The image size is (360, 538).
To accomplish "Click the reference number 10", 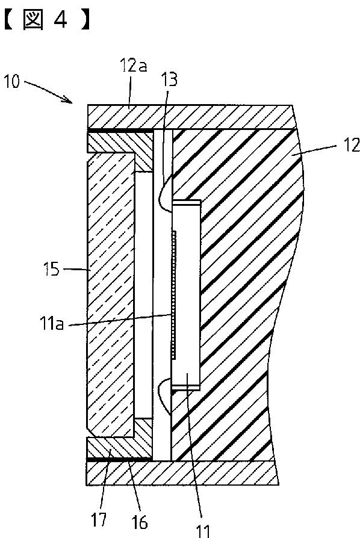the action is pyautogui.click(x=12, y=82).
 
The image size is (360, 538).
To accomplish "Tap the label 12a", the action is pyautogui.click(x=134, y=65).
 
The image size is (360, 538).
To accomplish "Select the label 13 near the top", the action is pyautogui.click(x=170, y=79).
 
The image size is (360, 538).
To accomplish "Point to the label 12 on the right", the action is pyautogui.click(x=351, y=145).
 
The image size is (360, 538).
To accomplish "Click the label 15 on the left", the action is pyautogui.click(x=52, y=270).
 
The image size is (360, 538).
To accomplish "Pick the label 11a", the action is pyautogui.click(x=52, y=324).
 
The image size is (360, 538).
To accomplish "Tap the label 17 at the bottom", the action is pyautogui.click(x=99, y=519).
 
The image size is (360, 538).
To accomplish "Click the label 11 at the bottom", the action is pyautogui.click(x=202, y=531).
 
